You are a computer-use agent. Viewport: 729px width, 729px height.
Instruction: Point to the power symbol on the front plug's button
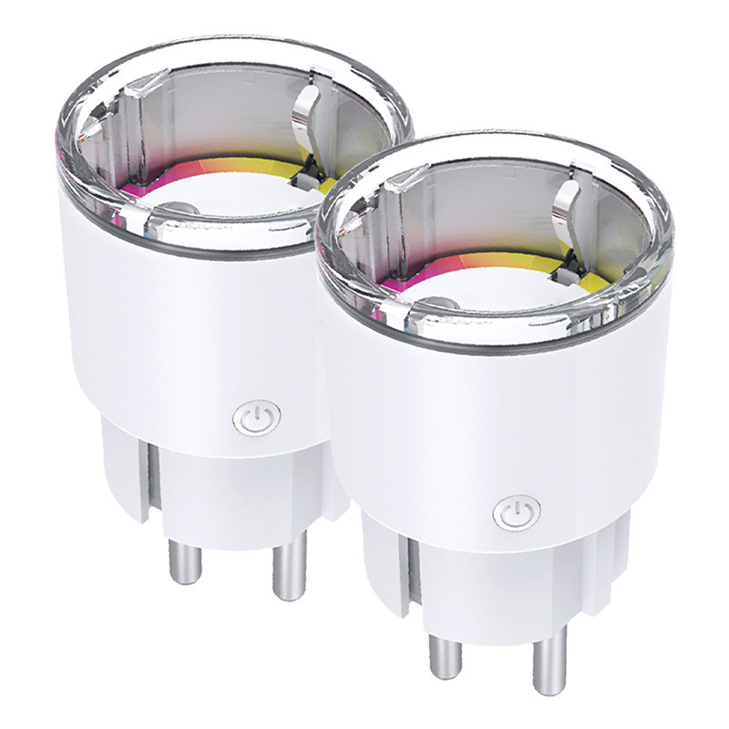point(517,511)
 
